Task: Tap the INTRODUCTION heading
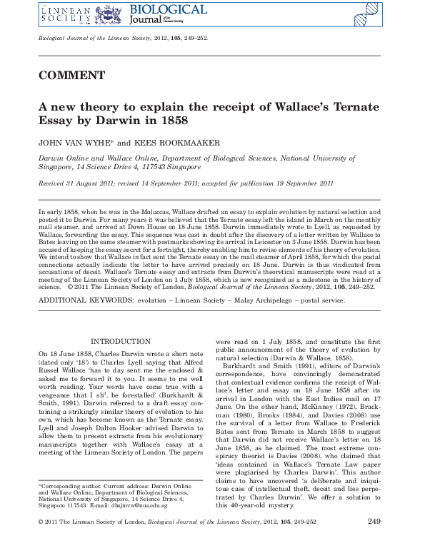pyautogui.click(x=120, y=342)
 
